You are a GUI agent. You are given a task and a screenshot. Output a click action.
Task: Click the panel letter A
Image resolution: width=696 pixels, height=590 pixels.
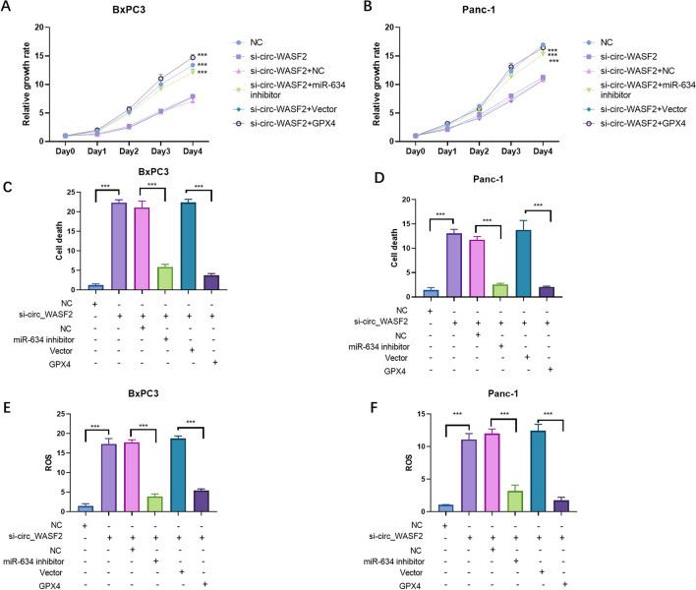(9, 9)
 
